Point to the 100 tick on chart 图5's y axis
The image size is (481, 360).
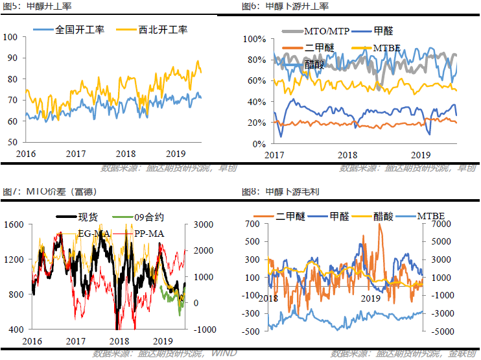coord(12,37)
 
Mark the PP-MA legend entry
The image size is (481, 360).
coord(147,232)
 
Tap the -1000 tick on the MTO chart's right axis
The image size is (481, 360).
coord(201,330)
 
